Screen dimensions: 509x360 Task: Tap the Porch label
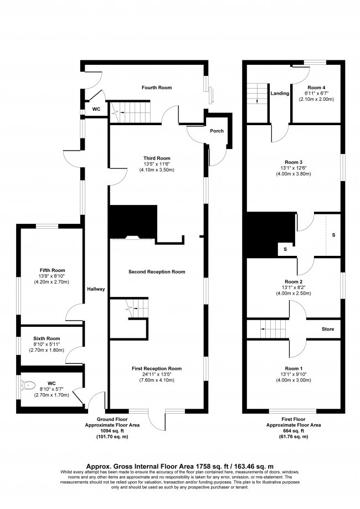(x=217, y=131)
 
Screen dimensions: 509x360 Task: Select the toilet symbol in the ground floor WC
(x=30, y=384)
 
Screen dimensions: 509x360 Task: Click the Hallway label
(x=95, y=289)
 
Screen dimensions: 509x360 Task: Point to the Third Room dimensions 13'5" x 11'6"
(x=156, y=164)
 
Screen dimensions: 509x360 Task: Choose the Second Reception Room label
(x=156, y=272)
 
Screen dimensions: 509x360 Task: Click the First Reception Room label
(x=156, y=368)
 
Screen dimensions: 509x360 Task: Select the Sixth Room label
(x=47, y=338)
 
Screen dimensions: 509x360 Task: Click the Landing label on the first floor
(x=280, y=94)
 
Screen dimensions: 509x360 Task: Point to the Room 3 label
(x=294, y=163)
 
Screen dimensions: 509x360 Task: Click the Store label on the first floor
(x=328, y=330)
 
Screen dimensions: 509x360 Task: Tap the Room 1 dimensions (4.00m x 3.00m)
(x=294, y=381)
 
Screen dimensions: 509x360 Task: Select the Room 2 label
(x=294, y=281)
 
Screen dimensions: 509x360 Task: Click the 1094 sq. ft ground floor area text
(x=116, y=431)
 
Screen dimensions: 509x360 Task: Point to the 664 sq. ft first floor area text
(x=290, y=431)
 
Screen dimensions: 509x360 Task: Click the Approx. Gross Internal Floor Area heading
(x=179, y=466)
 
